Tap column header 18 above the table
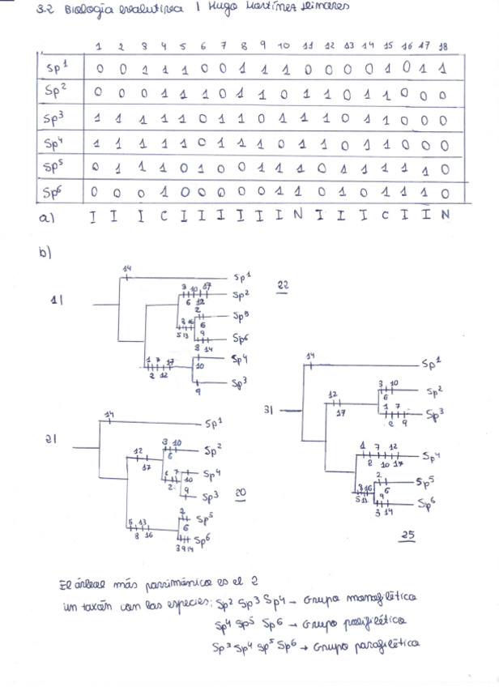coord(443,47)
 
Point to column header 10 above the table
coord(284,47)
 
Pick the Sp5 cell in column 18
coord(443,169)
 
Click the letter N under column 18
coord(444,217)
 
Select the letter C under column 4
coord(164,217)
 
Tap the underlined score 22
coord(283,286)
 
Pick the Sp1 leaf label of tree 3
coord(431,365)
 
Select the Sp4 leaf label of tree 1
coord(238,359)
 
